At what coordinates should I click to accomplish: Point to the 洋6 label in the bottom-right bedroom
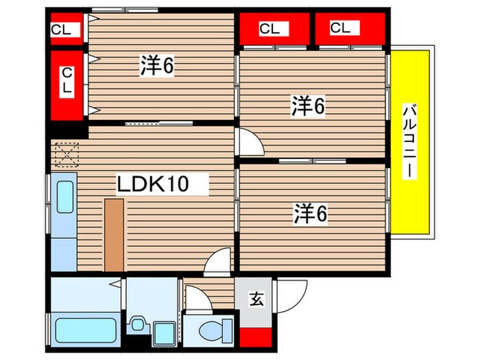tap(310, 215)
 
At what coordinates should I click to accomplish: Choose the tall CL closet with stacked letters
tap(67, 81)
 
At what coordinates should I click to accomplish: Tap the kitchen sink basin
tap(64, 197)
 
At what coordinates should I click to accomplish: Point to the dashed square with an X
tap(66, 154)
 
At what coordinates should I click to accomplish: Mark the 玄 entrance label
tap(255, 299)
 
